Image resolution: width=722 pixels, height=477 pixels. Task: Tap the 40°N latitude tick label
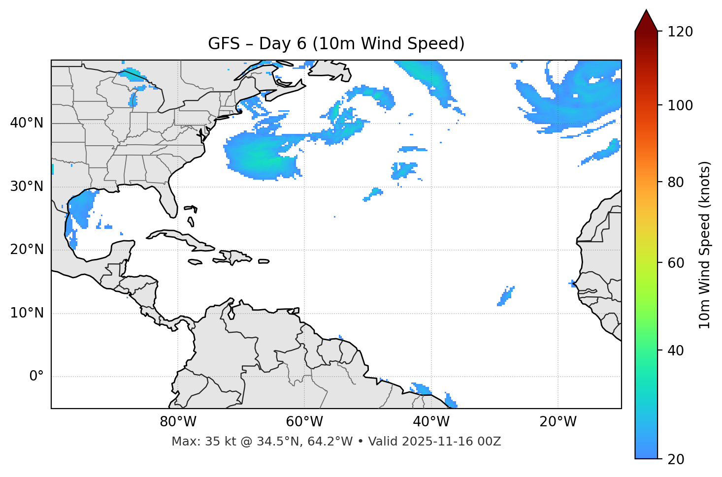27,123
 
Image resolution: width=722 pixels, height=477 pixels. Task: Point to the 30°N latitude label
27,187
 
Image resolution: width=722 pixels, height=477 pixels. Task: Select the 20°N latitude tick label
27,250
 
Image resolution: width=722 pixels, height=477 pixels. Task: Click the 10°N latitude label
27,313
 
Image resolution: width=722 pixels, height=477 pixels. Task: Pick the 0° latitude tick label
36,377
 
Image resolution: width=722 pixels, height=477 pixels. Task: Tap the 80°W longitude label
178,422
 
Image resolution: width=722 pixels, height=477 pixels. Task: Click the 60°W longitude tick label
304,422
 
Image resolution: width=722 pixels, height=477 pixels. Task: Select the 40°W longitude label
431,422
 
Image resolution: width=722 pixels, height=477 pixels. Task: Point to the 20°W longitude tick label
558,422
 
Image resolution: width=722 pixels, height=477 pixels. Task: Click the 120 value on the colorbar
680,32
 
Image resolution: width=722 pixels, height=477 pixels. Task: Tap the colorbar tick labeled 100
680,105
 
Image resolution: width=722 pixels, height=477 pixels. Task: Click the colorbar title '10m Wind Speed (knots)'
705,245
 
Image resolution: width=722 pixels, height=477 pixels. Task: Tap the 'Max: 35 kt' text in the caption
194,442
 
